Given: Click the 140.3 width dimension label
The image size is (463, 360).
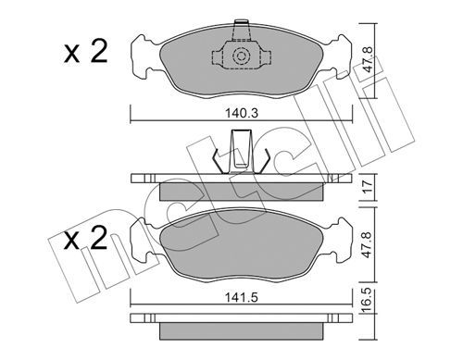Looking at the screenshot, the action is (241, 114).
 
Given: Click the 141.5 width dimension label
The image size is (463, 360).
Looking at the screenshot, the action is (241, 298).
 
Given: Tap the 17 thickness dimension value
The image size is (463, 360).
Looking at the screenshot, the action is (368, 187).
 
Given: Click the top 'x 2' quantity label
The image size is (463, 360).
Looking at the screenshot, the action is (85, 53).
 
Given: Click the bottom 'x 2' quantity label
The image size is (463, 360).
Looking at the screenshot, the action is (85, 238).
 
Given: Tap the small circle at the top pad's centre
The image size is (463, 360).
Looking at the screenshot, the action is (240, 56).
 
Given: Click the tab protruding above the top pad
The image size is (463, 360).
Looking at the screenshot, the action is (241, 31).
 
